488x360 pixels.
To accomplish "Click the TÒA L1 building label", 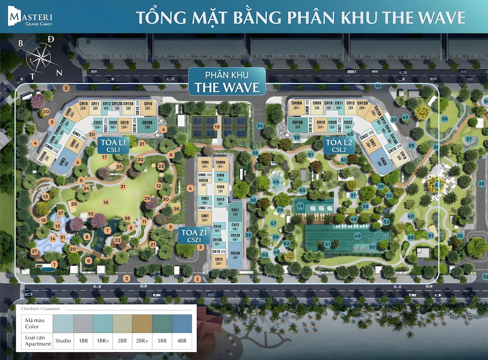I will (113, 145).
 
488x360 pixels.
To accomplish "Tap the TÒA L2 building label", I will (339, 145).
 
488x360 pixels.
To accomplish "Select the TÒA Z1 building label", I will (194, 236).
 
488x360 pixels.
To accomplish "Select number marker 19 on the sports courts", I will (217, 127).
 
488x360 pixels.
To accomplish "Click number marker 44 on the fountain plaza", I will (277, 181).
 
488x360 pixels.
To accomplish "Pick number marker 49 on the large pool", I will (358, 236).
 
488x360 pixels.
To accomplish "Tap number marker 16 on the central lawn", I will (106, 202).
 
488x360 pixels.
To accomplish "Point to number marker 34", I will (260, 126).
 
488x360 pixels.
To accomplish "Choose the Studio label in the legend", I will (63, 340).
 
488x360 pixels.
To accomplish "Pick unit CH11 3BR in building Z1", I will (235, 212).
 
